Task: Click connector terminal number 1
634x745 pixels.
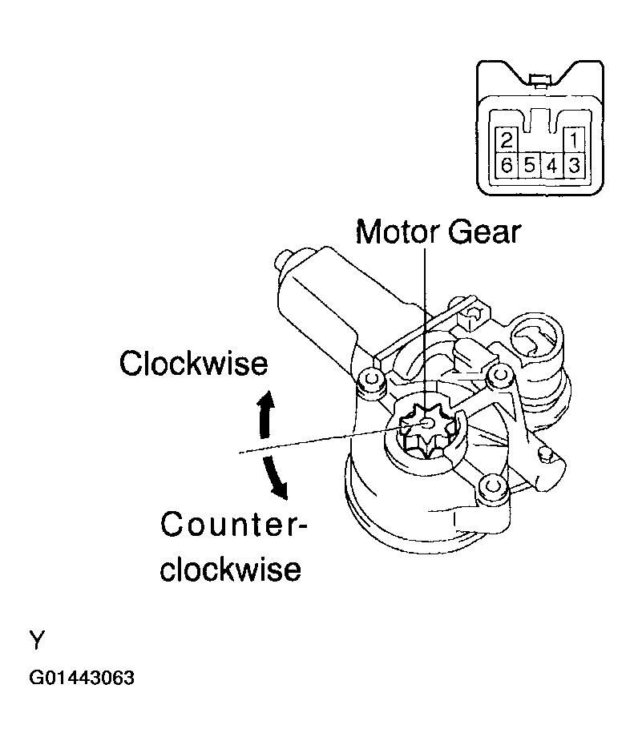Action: (574, 140)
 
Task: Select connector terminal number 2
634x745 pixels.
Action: (506, 140)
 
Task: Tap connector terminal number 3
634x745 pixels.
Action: (574, 166)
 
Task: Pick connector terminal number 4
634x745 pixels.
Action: (551, 166)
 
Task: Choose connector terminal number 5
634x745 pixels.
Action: (529, 166)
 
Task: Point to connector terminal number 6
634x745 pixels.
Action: (506, 166)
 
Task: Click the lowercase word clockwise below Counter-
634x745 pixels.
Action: (231, 569)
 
